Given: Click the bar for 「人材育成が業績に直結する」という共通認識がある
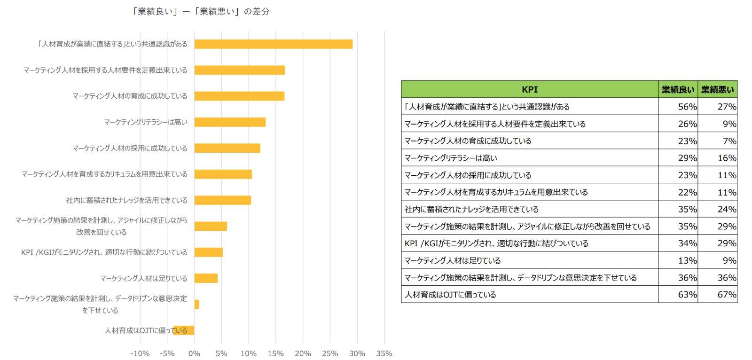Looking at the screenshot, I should click(273, 44).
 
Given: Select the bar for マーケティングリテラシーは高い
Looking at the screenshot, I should click(230, 122).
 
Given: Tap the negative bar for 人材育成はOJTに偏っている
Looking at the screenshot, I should click(184, 330).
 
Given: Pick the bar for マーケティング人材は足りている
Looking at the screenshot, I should click(206, 278).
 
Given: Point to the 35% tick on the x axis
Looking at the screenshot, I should click(384, 353).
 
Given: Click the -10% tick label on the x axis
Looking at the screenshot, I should click(140, 353).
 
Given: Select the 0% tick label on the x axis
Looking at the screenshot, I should click(194, 353).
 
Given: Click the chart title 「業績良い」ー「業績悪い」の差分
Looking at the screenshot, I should click(201, 12).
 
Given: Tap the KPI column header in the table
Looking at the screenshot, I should click(530, 89).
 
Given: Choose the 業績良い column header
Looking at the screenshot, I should click(678, 89).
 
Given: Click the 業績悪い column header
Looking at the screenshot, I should click(718, 89).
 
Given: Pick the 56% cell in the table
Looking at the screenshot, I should click(687, 107).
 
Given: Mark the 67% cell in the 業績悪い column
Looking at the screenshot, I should click(727, 295).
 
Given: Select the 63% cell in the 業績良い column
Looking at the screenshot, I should click(687, 295).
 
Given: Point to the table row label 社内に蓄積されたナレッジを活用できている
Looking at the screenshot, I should click(471, 209).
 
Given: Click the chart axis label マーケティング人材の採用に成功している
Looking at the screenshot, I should click(130, 148).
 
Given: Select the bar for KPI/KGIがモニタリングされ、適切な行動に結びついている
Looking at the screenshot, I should click(208, 252).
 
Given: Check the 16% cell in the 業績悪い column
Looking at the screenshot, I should click(727, 158).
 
